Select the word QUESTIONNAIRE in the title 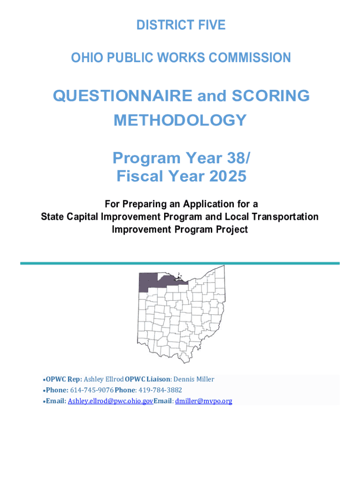[x=122, y=96]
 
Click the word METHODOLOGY [x=180, y=120]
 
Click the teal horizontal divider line [x=180, y=263]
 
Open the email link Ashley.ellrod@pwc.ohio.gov [x=110, y=401]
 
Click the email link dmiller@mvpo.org [x=203, y=401]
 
